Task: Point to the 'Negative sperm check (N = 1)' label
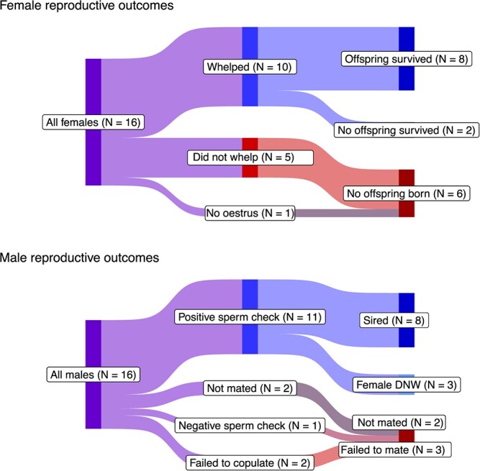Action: [x=250, y=424]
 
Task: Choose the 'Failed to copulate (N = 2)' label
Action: [x=249, y=462]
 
